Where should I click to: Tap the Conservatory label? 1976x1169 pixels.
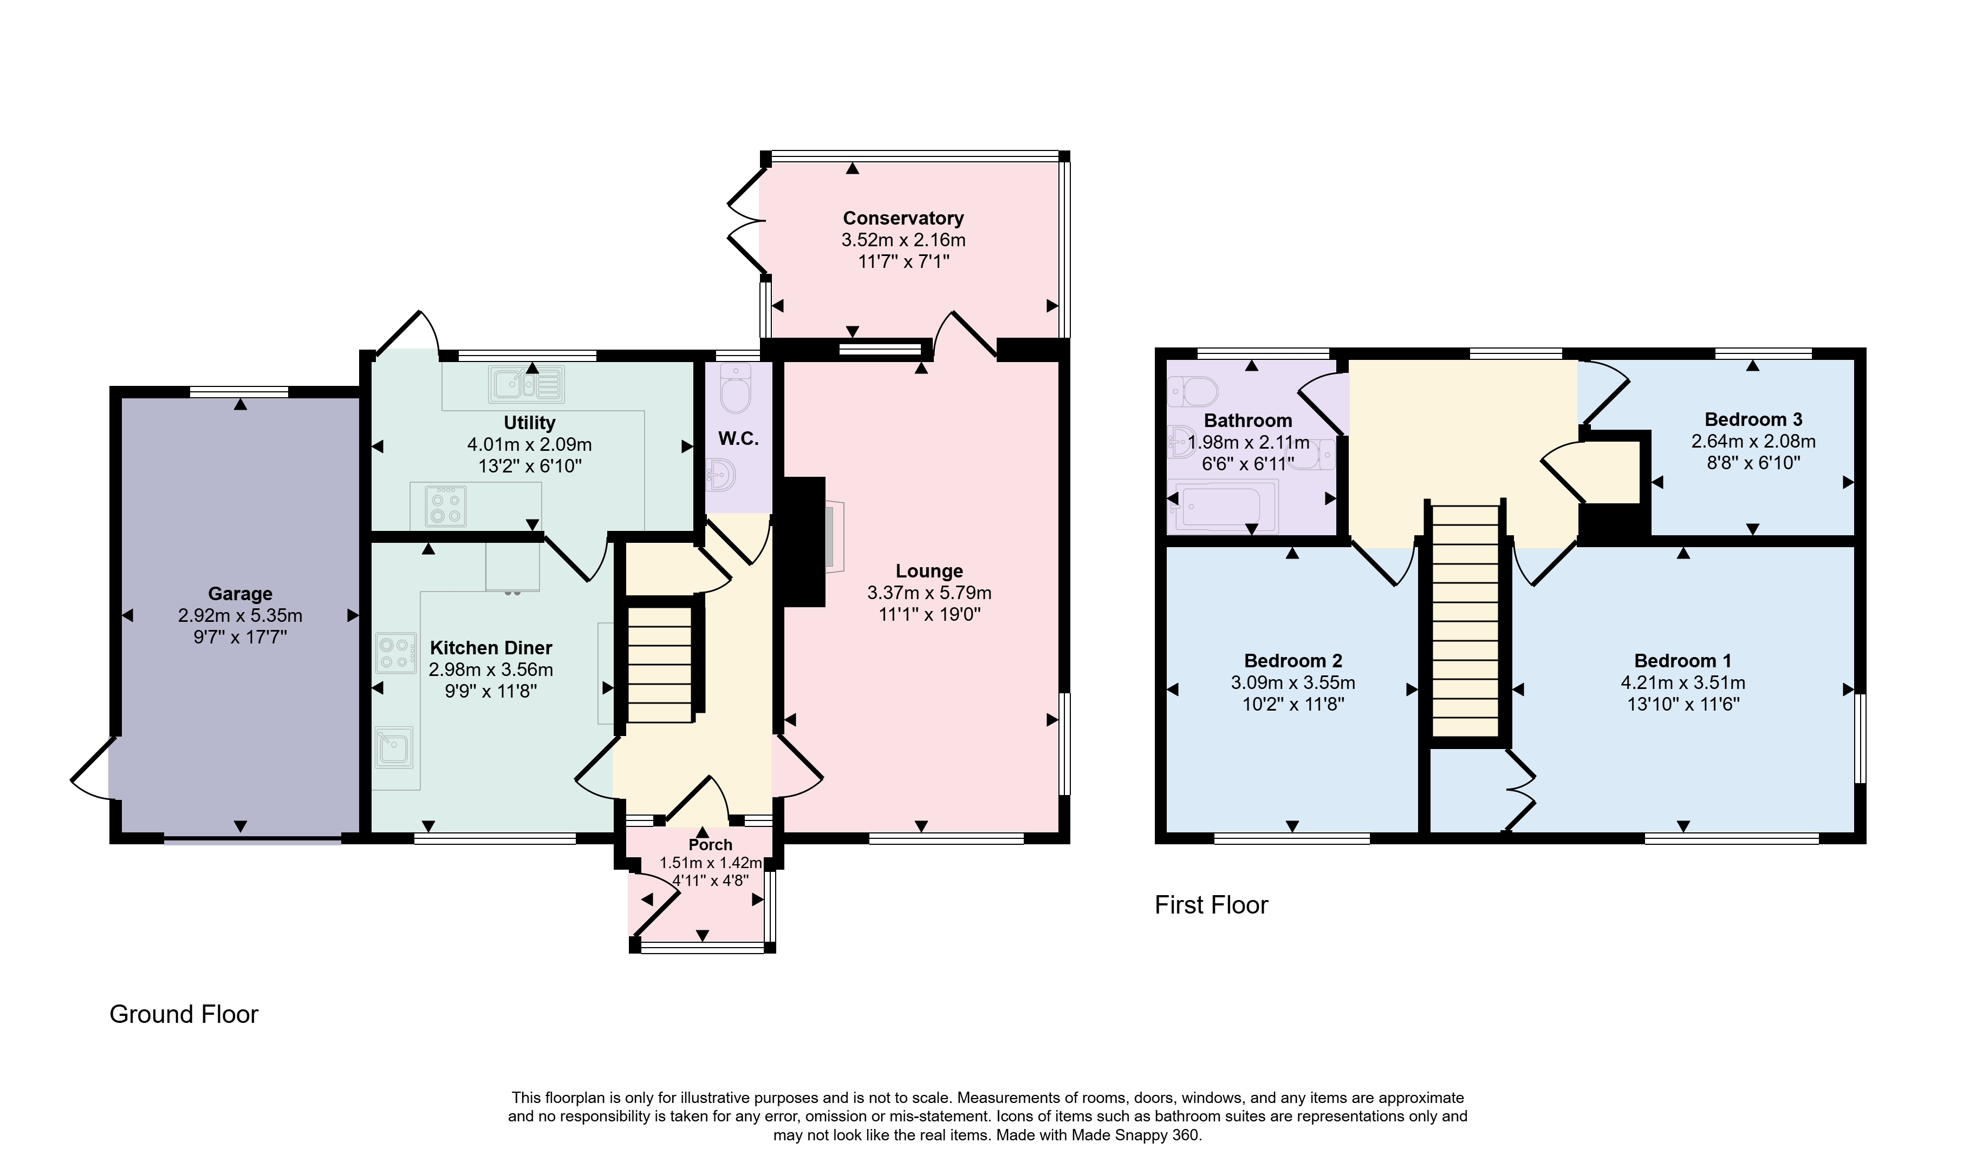click(903, 218)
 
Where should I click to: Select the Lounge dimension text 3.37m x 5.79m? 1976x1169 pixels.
click(929, 593)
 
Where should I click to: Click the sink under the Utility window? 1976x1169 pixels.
click(526, 384)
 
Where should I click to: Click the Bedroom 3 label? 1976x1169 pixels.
click(1753, 419)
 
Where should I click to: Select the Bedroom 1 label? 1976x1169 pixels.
click(1683, 661)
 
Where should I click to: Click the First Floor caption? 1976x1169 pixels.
click(1212, 905)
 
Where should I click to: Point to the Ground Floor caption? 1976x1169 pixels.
click(184, 1014)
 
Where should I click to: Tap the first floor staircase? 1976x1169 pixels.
click(1465, 621)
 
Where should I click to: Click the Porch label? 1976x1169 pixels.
click(710, 844)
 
